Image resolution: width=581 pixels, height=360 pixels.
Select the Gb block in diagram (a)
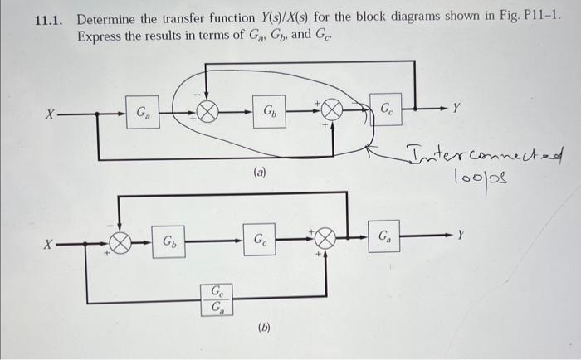pos(271,110)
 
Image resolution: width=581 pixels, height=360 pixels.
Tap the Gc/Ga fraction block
pos(217,299)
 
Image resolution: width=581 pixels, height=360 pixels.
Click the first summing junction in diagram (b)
pos(122,244)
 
